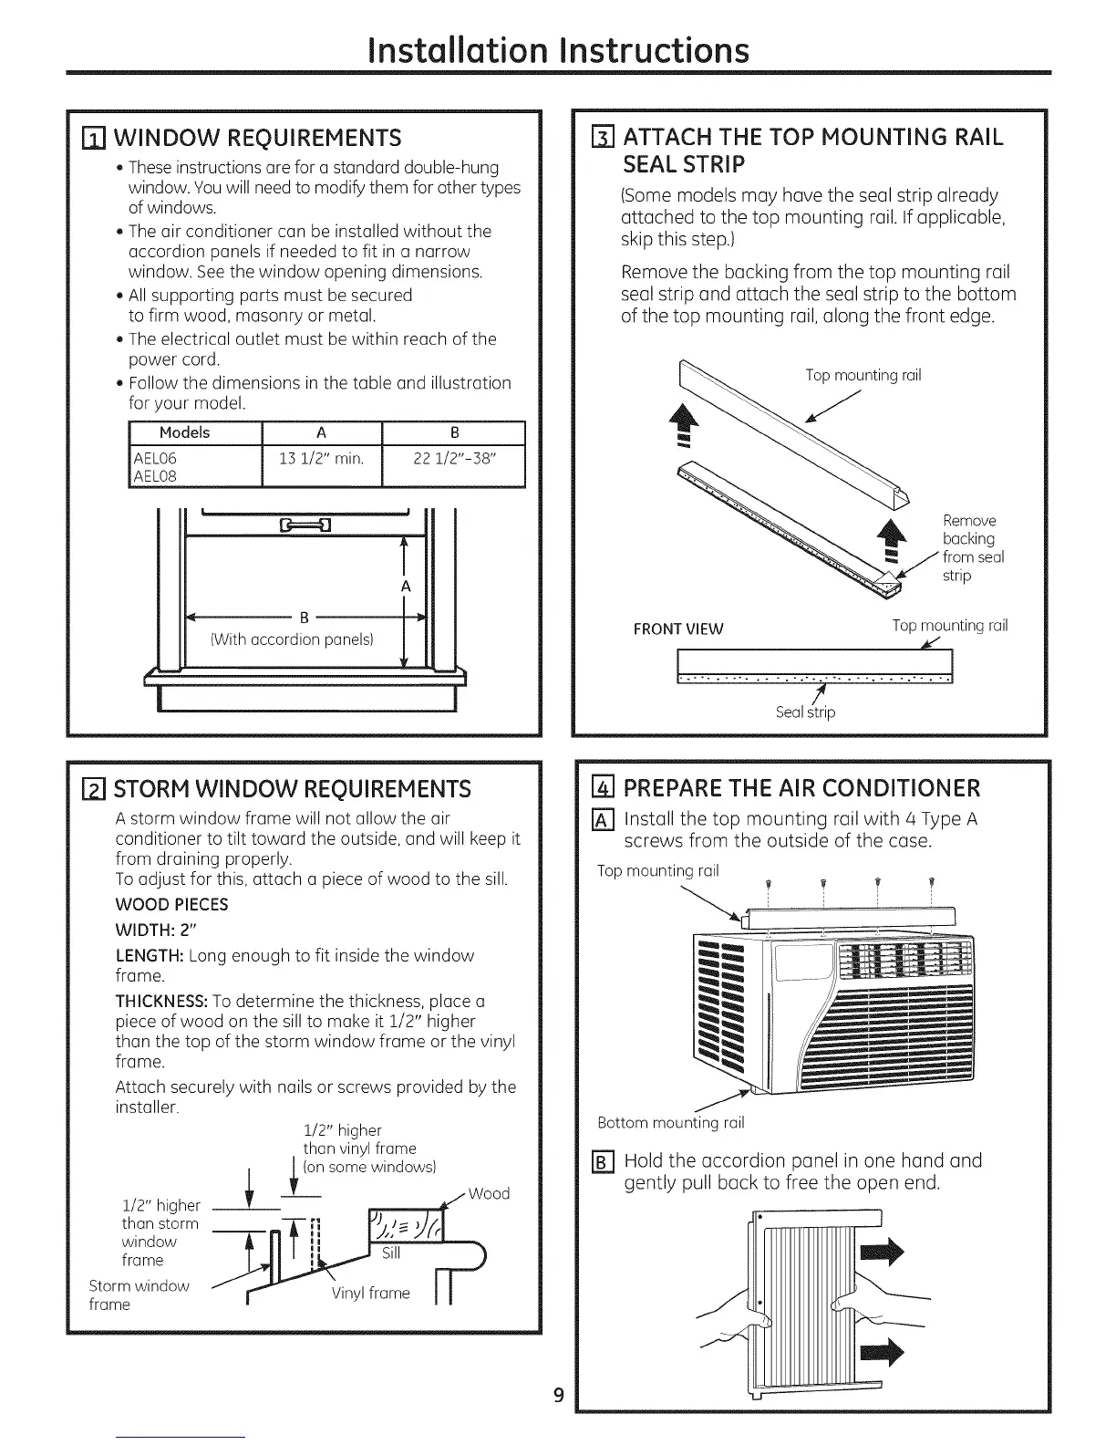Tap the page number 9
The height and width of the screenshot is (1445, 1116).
tap(559, 1395)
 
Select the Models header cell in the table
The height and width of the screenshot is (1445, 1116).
tap(184, 432)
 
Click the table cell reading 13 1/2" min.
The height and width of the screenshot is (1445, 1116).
tap(321, 459)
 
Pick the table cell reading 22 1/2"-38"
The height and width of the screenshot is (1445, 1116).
tap(454, 459)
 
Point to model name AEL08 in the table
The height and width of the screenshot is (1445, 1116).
tap(155, 476)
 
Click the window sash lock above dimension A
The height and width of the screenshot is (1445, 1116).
tap(294, 524)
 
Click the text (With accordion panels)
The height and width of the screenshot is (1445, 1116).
tap(293, 639)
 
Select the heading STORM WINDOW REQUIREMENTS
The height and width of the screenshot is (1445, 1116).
tap(292, 788)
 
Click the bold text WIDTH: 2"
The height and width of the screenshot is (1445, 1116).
tap(156, 930)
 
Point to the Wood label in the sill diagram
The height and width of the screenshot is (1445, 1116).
tap(489, 1193)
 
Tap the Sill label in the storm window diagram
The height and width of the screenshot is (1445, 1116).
tap(391, 1253)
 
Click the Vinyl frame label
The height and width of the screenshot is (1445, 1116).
tap(370, 1293)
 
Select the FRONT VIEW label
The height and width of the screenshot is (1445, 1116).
tap(678, 629)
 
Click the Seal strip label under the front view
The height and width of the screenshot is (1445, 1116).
tap(805, 712)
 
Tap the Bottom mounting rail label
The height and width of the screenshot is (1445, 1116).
tap(670, 1121)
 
